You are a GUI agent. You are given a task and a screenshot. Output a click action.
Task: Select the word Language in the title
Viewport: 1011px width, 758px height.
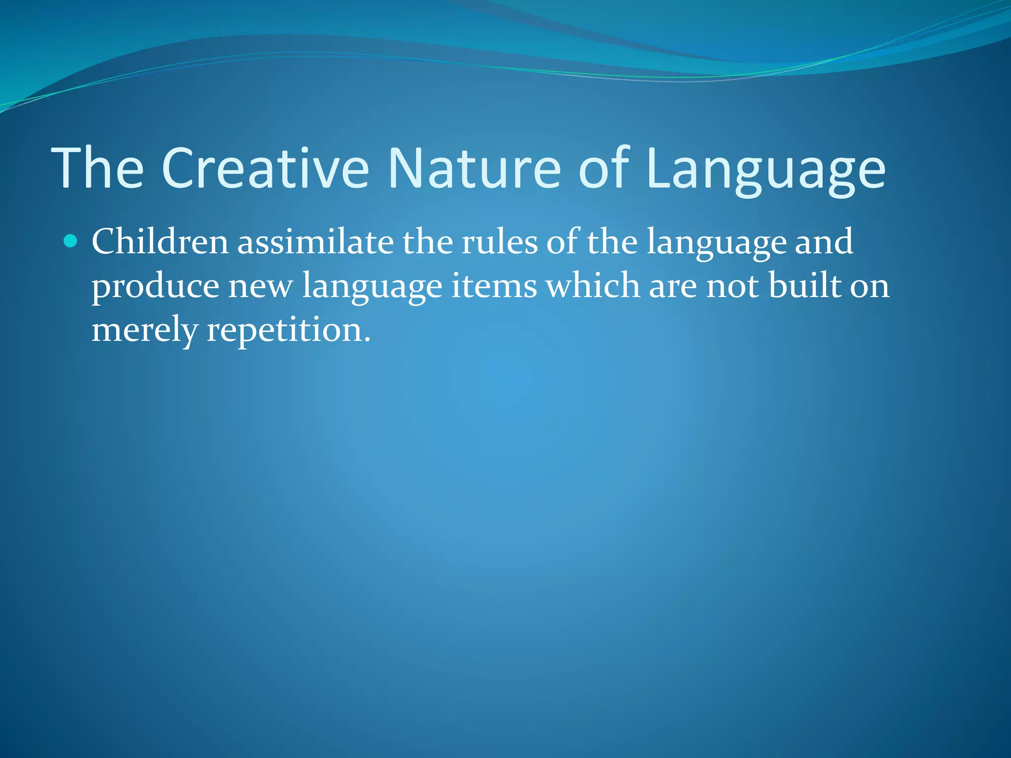pos(765,170)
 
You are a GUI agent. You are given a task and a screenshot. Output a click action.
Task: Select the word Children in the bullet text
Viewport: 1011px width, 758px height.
pos(160,242)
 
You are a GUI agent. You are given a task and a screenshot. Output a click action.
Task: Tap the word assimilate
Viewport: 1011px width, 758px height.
pos(315,242)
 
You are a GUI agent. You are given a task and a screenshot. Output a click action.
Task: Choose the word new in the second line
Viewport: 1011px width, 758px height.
pos(260,286)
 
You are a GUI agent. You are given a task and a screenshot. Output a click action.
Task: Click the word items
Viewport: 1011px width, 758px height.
pos(494,286)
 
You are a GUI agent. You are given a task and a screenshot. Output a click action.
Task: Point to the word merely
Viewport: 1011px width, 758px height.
pos(145,331)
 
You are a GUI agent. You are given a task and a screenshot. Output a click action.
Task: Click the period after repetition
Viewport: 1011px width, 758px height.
pos(367,340)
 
